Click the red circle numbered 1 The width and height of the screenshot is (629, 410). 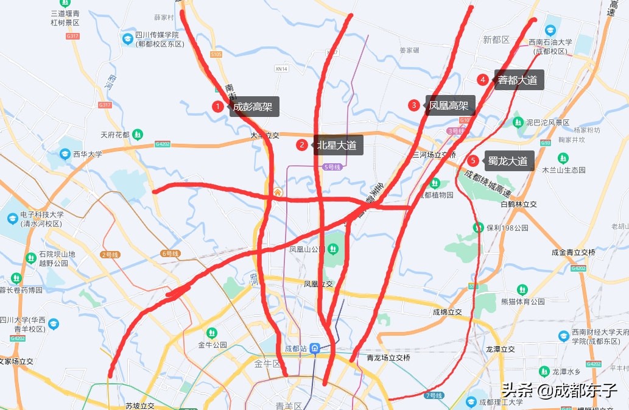pyautogui.click(x=217, y=107)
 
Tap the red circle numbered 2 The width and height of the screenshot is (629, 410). pyautogui.click(x=302, y=145)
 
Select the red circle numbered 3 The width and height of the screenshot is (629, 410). pyautogui.click(x=414, y=105)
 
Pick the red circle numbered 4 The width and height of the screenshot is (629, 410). pyautogui.click(x=483, y=80)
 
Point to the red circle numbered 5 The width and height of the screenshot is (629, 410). pyautogui.click(x=473, y=161)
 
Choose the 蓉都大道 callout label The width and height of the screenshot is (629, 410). pyautogui.click(x=518, y=80)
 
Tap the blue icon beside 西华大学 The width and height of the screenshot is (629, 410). pyautogui.click(x=65, y=154)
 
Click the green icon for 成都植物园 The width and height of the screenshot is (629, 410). pyautogui.click(x=435, y=183)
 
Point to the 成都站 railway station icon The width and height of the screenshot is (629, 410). pyautogui.click(x=315, y=348)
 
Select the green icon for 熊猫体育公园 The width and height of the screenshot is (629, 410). pyautogui.click(x=522, y=289)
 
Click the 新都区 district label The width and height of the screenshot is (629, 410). pyautogui.click(x=496, y=40)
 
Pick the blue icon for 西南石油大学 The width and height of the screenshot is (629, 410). pyautogui.click(x=550, y=30)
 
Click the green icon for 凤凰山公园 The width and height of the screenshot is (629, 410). pyautogui.click(x=332, y=249)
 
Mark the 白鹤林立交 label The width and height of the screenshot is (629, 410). pyautogui.click(x=518, y=204)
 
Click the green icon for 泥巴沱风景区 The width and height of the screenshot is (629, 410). pyautogui.click(x=518, y=122)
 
